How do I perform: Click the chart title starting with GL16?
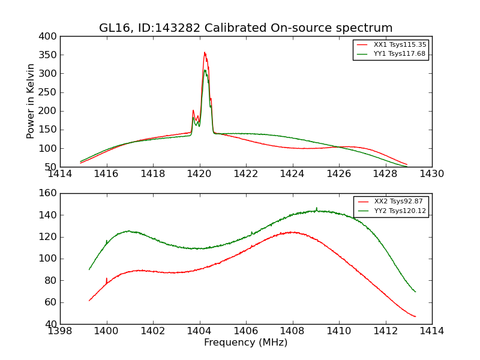246,28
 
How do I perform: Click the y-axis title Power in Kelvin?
31,101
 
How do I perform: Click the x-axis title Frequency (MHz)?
246,343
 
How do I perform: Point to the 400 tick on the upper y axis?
50,37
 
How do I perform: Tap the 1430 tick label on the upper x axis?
431,174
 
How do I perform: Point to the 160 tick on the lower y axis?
50,193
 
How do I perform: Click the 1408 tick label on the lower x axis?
292,331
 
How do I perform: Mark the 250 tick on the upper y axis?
50,92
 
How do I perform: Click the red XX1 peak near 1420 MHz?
205,53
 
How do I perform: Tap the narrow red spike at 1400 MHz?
107,279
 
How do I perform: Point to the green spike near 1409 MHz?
316,208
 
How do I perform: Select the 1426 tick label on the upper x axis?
338,174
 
